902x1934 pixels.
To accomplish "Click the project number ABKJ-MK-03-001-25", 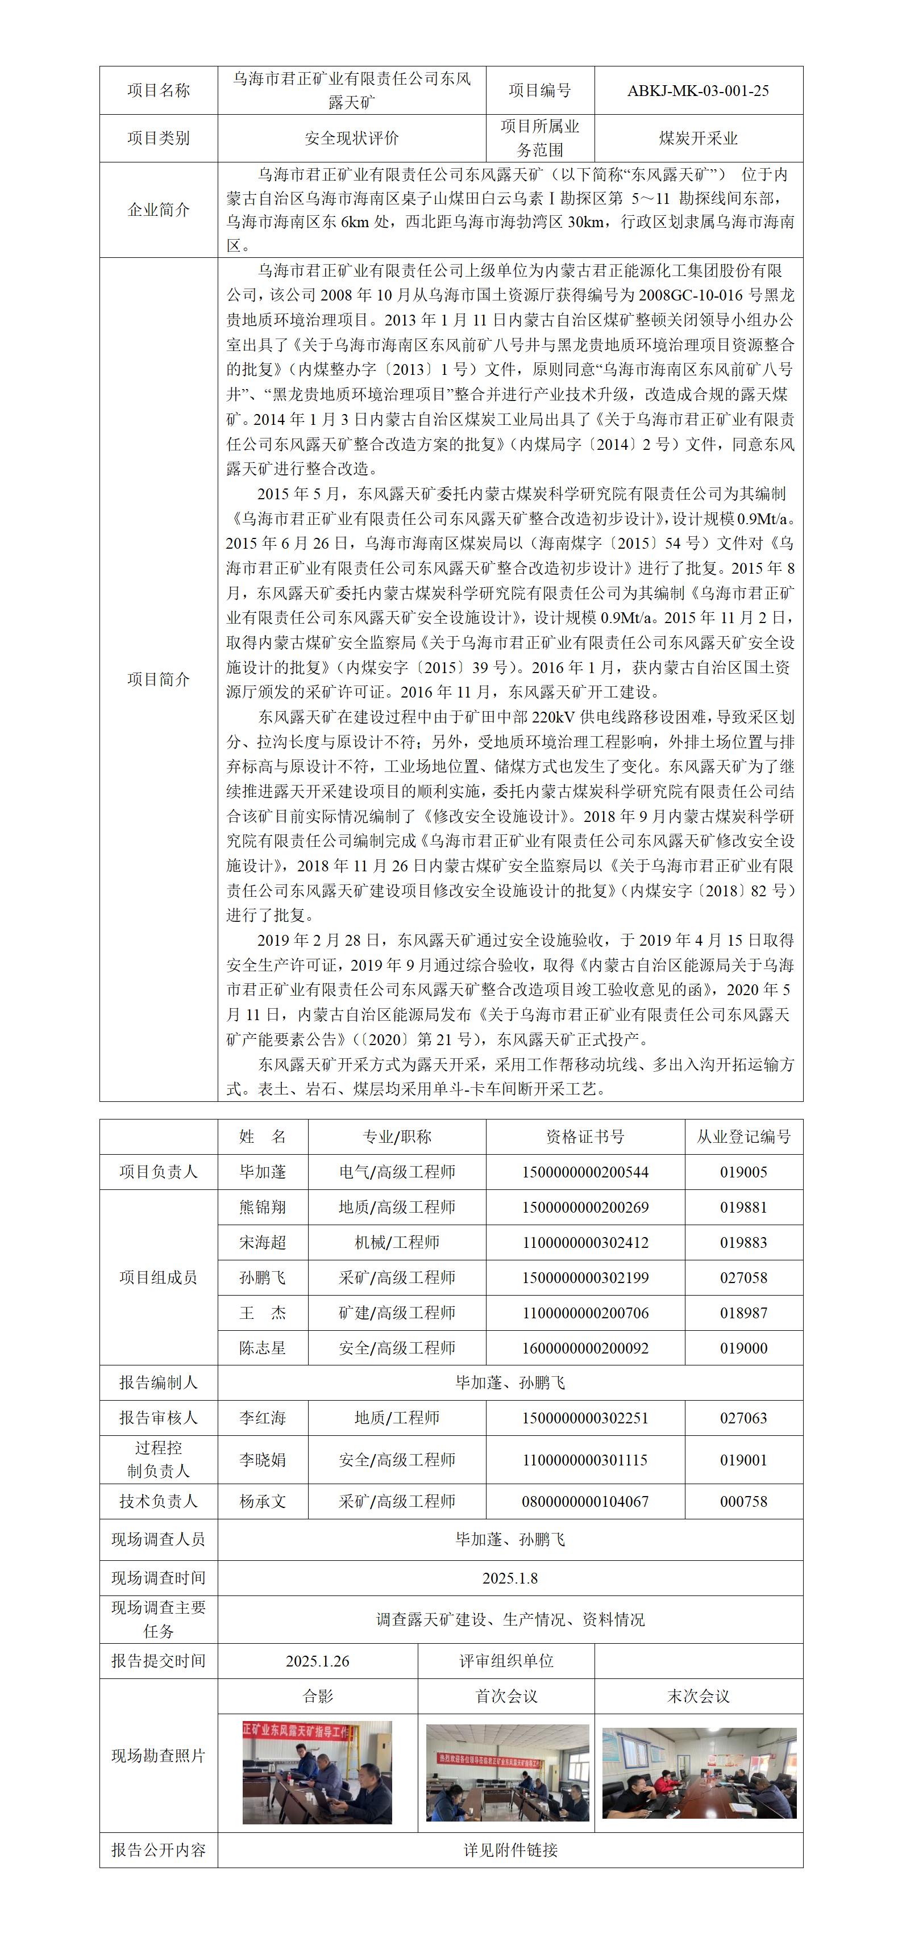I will tap(698, 91).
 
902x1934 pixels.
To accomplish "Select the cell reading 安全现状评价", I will tap(351, 138).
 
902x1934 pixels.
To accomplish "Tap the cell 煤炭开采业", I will tap(698, 138).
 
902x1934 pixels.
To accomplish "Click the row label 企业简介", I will tap(159, 210).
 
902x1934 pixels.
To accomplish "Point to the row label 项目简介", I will tap(159, 679).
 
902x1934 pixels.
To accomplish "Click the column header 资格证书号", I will tap(585, 1137).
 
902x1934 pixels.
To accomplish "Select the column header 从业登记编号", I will tap(743, 1137).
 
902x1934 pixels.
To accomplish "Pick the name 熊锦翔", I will tap(263, 1207).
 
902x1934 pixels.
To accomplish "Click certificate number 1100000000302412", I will tap(585, 1243).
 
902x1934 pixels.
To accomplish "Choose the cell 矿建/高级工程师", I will tap(397, 1313).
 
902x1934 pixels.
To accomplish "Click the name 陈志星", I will tap(263, 1348).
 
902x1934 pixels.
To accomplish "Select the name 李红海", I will tap(263, 1418).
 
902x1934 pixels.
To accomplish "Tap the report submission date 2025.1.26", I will tap(317, 1661).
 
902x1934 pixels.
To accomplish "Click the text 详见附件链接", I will tap(510, 1850).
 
